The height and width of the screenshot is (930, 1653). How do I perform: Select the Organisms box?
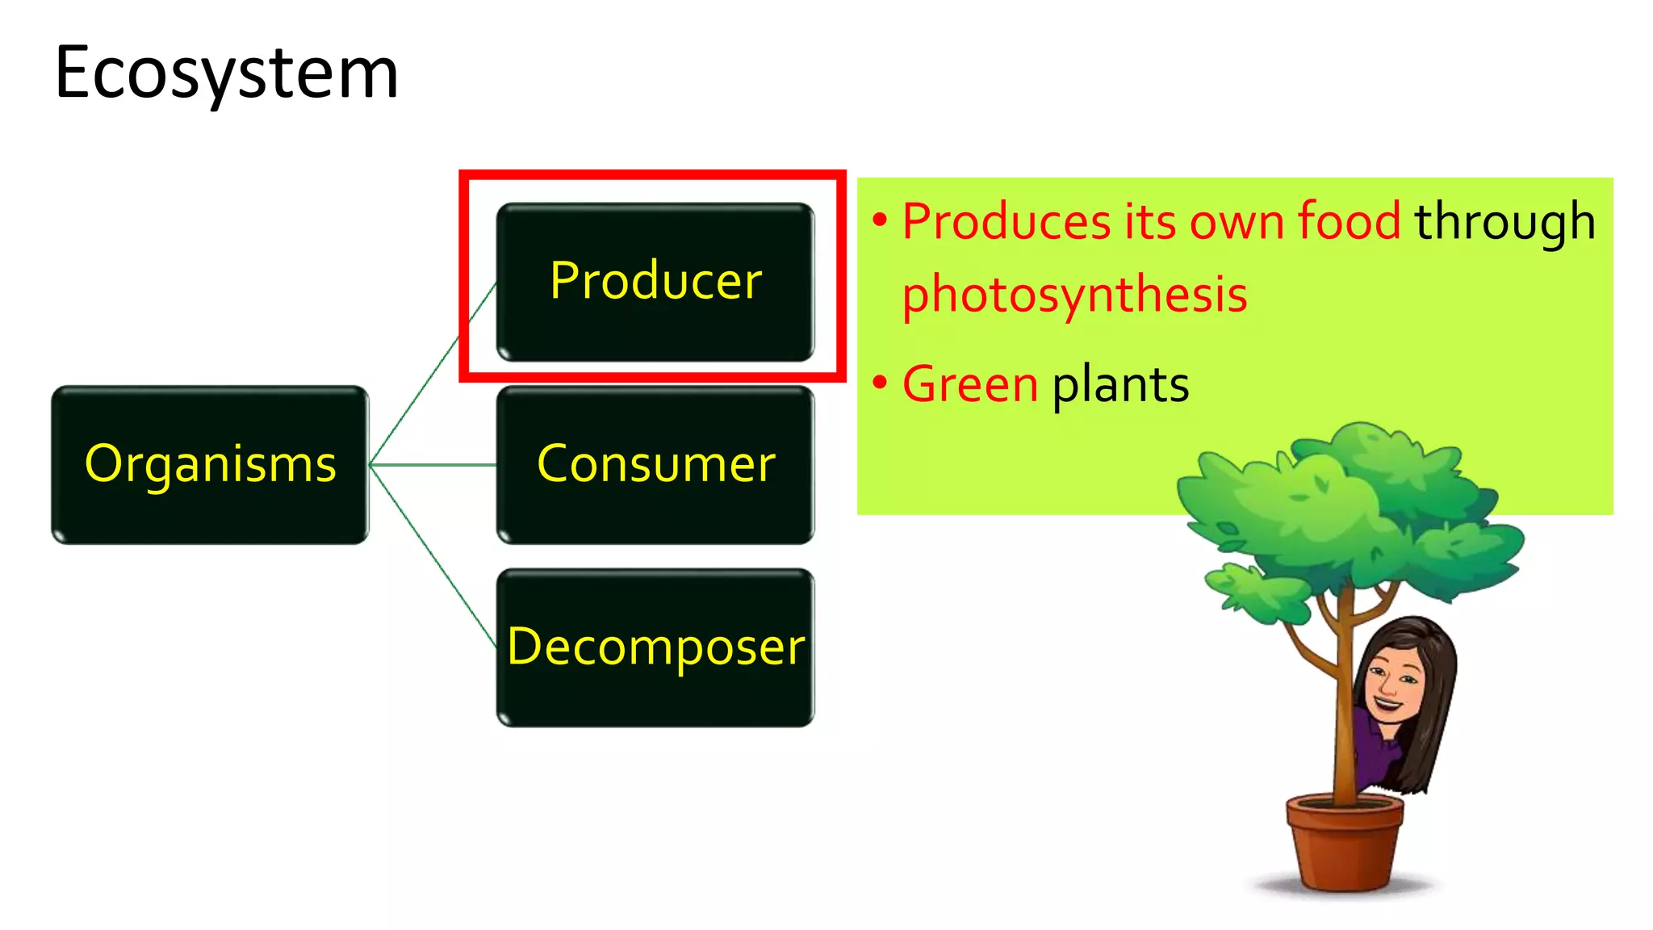pos(210,465)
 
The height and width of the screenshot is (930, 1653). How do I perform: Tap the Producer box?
pos(655,282)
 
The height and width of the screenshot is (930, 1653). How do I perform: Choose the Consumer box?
pos(655,465)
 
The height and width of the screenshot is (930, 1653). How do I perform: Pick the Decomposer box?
pos(655,647)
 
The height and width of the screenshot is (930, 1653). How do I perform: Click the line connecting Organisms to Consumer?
pos(433,465)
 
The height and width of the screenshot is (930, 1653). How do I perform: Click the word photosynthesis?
pos(1074,295)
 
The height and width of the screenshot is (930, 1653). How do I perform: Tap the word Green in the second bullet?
pos(969,384)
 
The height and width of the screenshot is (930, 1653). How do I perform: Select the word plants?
pos(1120,384)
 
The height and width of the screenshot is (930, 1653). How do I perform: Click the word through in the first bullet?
pos(1504,221)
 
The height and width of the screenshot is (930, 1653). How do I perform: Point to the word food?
pos(1349,221)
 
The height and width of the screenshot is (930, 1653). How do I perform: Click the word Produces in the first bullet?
pos(1006,221)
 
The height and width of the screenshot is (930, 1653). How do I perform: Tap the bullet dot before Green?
pos(880,382)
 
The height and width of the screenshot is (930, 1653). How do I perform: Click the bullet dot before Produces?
pos(880,219)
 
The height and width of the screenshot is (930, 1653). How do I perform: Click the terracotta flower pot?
pos(1345,844)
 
